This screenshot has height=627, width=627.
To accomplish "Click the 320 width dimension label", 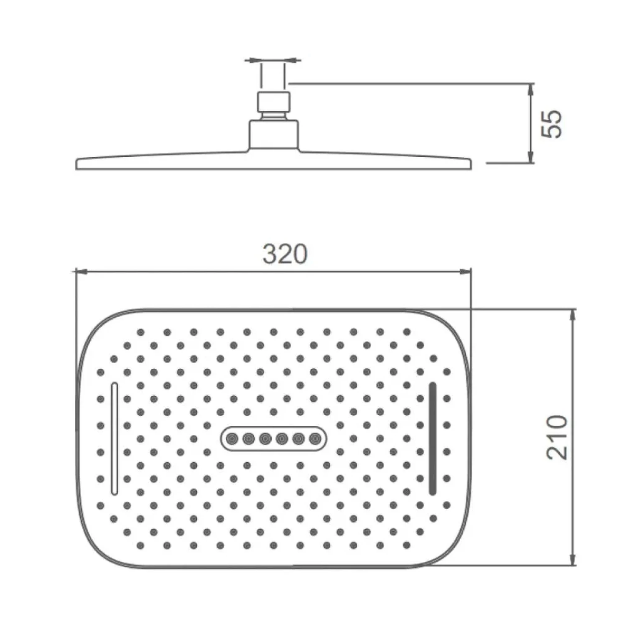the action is pos(285,254).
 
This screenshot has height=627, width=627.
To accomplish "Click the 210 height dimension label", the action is pos(557,438).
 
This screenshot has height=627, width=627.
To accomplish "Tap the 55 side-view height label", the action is pos(552,124).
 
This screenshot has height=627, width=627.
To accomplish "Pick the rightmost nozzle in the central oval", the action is pos(315,439).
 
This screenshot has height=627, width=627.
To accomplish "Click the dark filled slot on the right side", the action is pos(433,438).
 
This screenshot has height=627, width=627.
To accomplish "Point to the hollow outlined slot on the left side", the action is pos(115,438).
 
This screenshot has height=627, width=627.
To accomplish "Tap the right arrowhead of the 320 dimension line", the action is pos(465,272).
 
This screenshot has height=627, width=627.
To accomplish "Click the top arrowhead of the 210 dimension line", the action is pos(573,316).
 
